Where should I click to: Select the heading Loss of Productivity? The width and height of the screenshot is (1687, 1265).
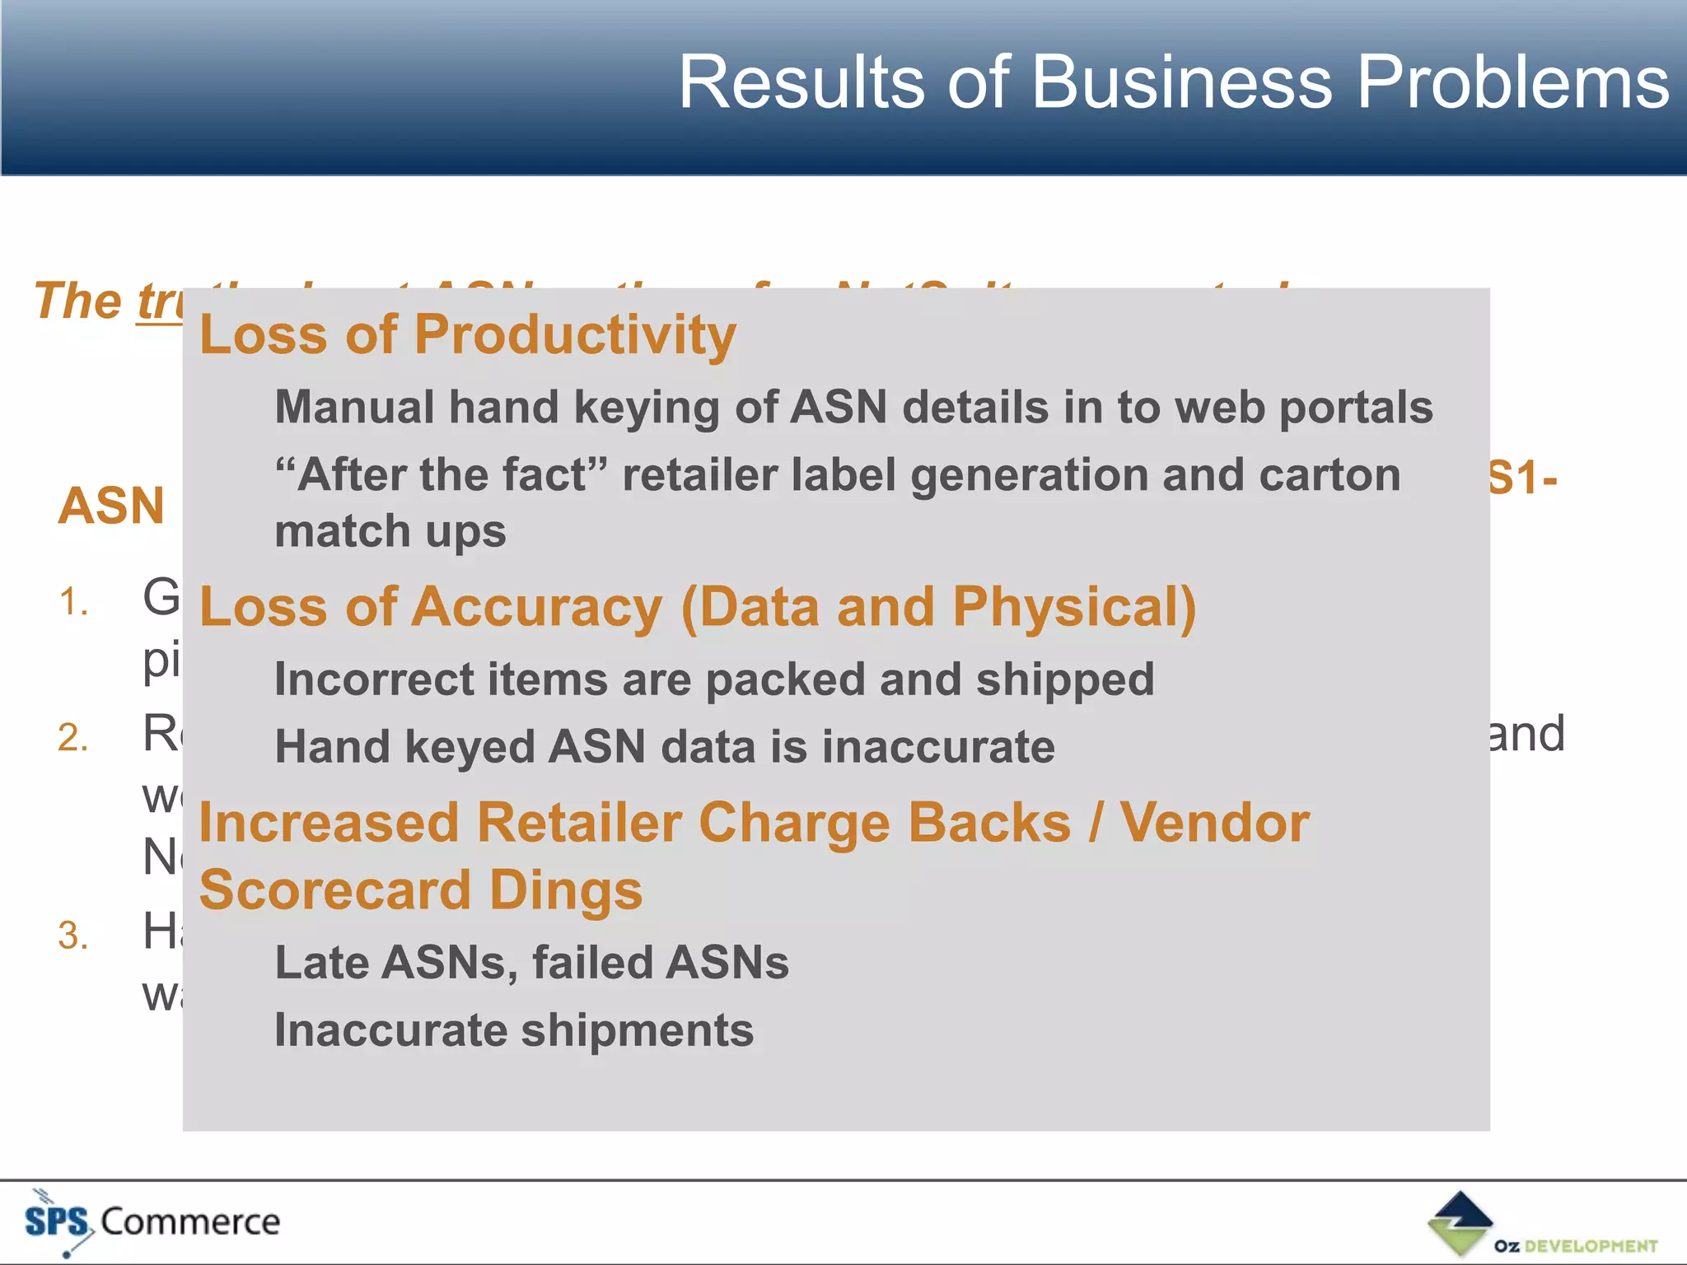467,335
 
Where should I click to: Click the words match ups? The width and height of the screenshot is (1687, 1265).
390,531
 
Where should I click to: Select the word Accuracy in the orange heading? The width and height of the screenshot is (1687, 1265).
536,607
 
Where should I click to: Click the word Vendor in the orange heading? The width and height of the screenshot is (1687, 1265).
1214,823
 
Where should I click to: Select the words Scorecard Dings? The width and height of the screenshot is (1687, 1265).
420,890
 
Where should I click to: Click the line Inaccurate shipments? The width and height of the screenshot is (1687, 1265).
513,1030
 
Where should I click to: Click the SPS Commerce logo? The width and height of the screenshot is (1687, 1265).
152,1222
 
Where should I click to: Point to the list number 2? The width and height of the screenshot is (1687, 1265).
72,737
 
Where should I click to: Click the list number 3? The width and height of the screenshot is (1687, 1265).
72,936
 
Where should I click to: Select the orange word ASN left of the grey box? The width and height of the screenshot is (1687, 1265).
111,505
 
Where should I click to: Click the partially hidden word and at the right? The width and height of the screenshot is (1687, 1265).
1526,734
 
